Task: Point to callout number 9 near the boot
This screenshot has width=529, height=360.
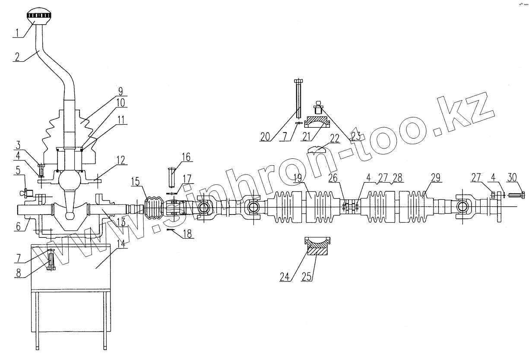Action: (x=120, y=92)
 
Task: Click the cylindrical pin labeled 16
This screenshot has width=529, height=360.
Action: (x=172, y=177)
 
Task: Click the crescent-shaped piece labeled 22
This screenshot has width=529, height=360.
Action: (x=319, y=150)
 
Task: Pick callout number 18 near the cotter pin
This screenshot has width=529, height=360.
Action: (x=188, y=235)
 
